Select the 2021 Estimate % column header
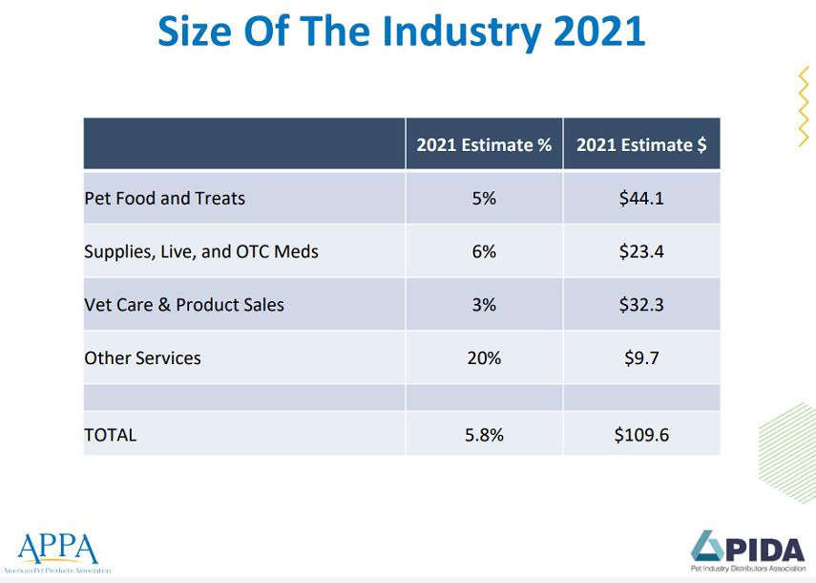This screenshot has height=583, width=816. point(484,145)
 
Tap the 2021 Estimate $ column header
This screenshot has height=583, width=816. point(641,145)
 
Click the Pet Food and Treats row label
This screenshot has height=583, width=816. point(164,199)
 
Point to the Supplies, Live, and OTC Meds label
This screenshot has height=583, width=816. point(201,252)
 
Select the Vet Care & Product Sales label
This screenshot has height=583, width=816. point(184,306)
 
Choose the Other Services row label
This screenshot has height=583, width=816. point(142,358)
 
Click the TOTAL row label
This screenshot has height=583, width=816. point(110,435)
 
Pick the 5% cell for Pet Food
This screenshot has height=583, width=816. point(484,199)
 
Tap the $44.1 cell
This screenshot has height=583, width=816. point(641,199)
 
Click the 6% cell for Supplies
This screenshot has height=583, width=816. point(484,252)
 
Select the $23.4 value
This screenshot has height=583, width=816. point(641,252)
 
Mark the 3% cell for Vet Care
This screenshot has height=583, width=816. point(484,306)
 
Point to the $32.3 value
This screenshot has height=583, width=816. point(641,306)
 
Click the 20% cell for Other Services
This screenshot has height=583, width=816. point(484,358)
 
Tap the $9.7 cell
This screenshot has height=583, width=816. point(641,358)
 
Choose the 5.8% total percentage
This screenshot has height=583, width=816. point(484,435)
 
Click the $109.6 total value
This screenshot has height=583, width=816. point(641,435)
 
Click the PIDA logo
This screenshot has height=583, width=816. point(747,551)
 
